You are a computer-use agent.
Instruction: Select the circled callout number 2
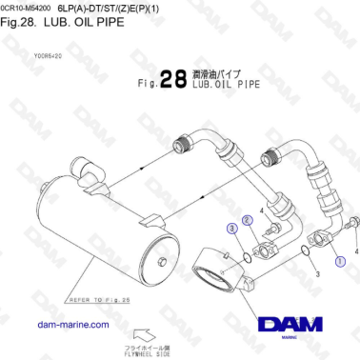(x=247, y=220)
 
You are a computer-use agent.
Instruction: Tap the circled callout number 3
(x=231, y=229)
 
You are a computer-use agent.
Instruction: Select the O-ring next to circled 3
(x=248, y=255)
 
